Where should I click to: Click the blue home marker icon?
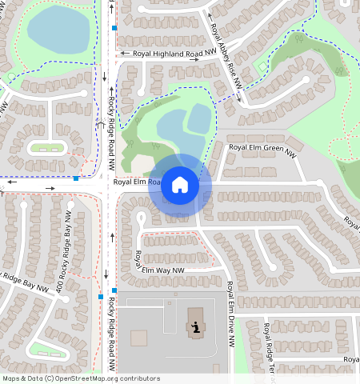(180, 186)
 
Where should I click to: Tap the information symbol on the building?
(195, 326)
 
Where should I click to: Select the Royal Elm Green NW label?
(262, 148)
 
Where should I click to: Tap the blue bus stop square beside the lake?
(114, 28)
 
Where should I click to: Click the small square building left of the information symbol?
(138, 338)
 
